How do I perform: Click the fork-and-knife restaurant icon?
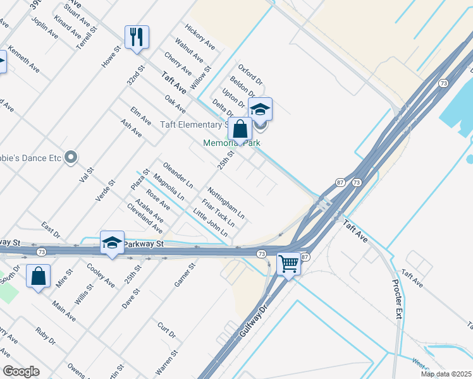point(137,37)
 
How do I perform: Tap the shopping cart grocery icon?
point(289,263)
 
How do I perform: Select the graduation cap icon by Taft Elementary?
point(260,109)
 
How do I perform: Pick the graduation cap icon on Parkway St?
point(112,243)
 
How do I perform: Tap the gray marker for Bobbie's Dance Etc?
point(71,156)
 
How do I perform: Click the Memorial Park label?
point(231,143)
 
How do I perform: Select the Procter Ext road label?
point(397,299)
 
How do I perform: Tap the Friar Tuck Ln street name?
point(218,213)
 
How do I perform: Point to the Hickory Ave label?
point(200,37)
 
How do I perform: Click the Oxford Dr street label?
point(250,74)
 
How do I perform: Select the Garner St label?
point(185,274)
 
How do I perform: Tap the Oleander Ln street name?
point(178,175)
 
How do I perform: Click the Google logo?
point(21,371)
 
